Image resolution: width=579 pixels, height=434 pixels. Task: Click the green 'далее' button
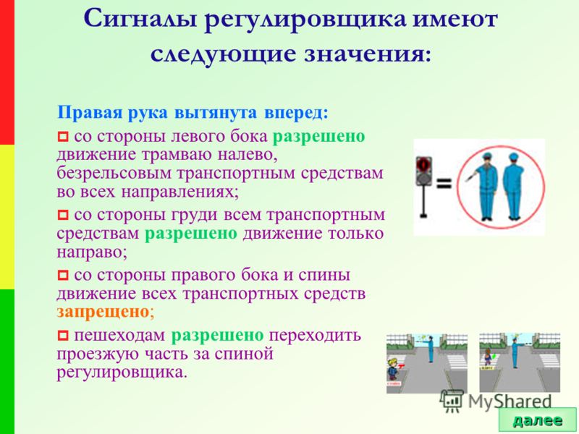537,420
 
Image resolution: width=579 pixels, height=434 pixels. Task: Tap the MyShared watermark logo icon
452,400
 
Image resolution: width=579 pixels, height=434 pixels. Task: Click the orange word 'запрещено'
103,312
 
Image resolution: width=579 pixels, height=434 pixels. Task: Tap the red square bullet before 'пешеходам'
63,336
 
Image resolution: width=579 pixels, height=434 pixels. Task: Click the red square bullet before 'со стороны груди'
63,215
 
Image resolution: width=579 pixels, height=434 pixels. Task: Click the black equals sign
444,184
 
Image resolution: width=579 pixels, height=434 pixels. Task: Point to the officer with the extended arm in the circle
484,187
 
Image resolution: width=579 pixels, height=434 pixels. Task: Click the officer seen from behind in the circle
514,187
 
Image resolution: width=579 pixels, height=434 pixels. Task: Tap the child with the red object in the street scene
394,369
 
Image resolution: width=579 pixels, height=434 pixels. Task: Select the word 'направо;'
92,252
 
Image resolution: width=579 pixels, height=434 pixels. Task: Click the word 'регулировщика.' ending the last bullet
122,373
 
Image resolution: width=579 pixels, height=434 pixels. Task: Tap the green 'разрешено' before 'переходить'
218,335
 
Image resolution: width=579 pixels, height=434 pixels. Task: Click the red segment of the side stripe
7,72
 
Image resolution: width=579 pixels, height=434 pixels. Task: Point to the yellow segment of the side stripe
7,217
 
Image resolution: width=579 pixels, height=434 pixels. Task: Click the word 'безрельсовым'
114,173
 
